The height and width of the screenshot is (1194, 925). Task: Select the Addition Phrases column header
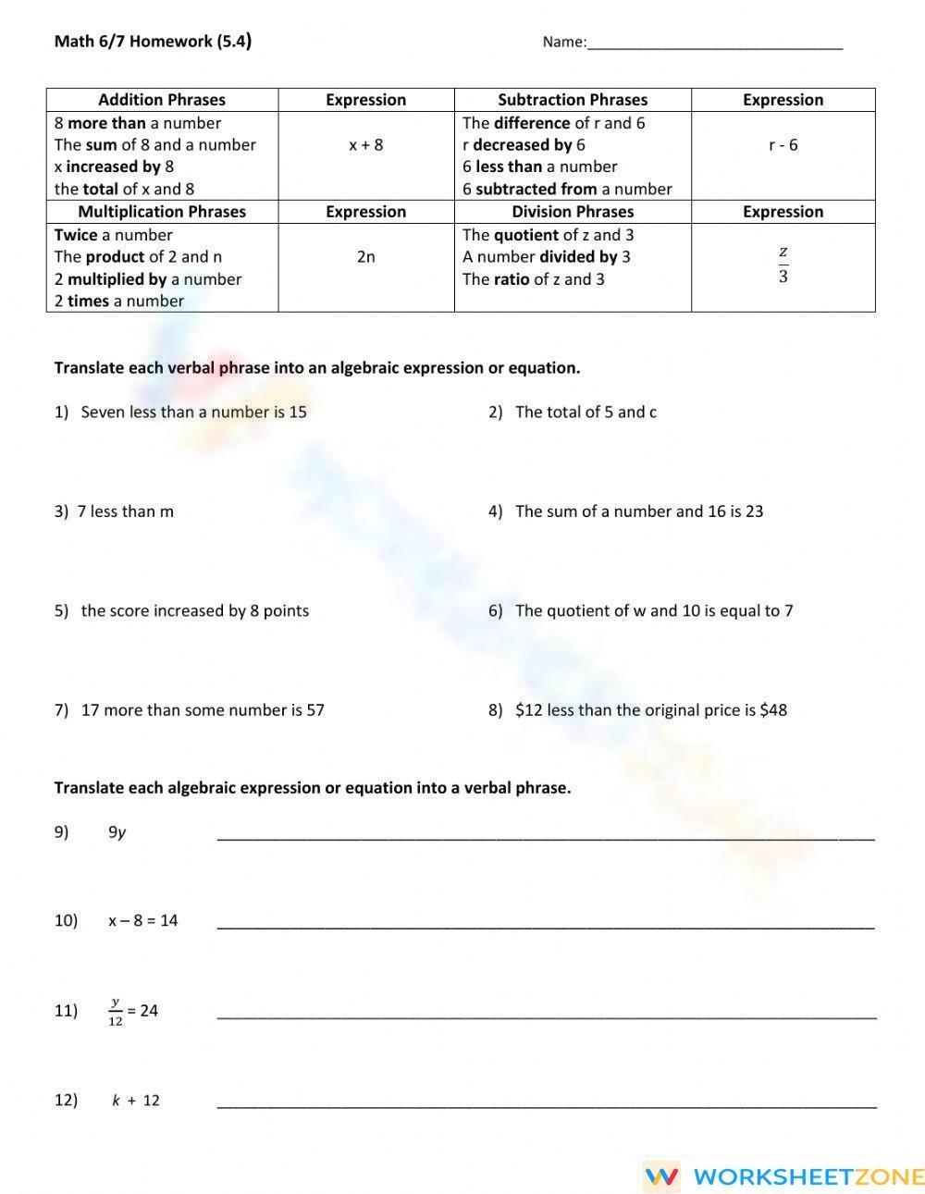point(162,100)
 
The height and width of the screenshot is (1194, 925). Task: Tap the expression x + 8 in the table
point(366,145)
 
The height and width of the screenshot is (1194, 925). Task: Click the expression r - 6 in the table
point(783,145)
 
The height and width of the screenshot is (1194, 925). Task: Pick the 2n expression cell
point(366,257)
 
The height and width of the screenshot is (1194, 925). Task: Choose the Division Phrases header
point(573,212)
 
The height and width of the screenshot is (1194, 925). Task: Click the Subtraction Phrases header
point(573,100)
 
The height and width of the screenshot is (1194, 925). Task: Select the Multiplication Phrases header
point(162,212)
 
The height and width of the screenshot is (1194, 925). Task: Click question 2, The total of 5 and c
point(586,412)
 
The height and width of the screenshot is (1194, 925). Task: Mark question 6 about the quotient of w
point(653,611)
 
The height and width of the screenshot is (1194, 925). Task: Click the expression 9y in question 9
point(117,832)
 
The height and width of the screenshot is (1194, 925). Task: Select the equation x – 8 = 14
point(142,921)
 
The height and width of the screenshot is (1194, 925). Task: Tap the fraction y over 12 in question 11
point(116,1012)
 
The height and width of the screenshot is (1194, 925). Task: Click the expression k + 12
point(136,1101)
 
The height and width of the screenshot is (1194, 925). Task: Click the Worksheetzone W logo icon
point(662,1176)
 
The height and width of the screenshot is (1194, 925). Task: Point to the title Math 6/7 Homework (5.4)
point(153,42)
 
